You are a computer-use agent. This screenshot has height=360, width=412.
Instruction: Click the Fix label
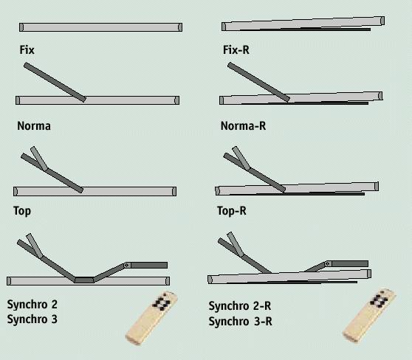(x=27, y=50)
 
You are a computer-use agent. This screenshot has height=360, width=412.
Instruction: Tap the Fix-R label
(x=236, y=50)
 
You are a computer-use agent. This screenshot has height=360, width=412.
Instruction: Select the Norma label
(x=34, y=125)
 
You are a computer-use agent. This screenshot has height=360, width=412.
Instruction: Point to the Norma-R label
(x=243, y=125)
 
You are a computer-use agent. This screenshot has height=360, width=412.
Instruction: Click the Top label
(x=22, y=211)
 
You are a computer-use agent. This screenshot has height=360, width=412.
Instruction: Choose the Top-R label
(x=232, y=211)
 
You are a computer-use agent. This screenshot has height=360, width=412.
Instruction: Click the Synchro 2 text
(x=32, y=305)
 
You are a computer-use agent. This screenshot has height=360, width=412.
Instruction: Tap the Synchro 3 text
(x=32, y=319)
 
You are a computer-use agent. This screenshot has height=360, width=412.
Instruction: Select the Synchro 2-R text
(x=240, y=306)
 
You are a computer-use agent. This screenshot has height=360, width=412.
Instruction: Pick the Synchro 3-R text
(x=241, y=321)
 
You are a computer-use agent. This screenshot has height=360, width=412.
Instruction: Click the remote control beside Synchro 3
(x=151, y=318)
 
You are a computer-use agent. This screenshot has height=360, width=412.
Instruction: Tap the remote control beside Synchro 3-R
(x=369, y=315)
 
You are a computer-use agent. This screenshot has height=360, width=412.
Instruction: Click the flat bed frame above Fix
(x=100, y=27)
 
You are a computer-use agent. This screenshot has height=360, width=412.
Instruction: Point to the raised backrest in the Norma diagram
(x=55, y=82)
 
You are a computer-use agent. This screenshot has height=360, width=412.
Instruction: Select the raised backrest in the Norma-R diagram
(x=258, y=82)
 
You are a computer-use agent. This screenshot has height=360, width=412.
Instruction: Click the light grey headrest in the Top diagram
(x=39, y=159)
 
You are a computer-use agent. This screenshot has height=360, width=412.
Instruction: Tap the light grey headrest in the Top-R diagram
(x=241, y=158)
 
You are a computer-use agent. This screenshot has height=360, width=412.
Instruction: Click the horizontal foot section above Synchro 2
(x=149, y=265)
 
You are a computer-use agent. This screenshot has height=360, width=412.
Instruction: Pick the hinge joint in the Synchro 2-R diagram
(x=328, y=263)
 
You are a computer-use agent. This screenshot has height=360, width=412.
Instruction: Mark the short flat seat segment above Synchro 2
(x=84, y=280)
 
